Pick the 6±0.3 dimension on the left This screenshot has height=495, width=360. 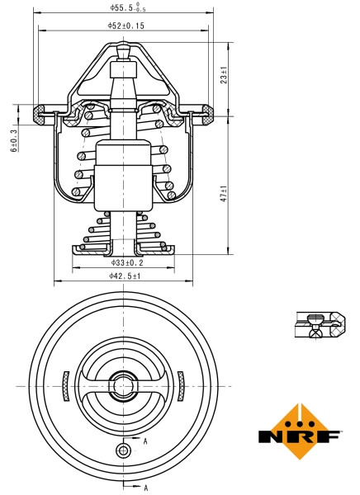click(12, 139)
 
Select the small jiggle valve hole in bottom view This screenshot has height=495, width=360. click(124, 450)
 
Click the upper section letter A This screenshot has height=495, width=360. click(145, 441)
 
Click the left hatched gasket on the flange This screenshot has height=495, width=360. click(38, 112)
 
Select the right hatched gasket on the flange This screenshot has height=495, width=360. click(210, 112)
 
